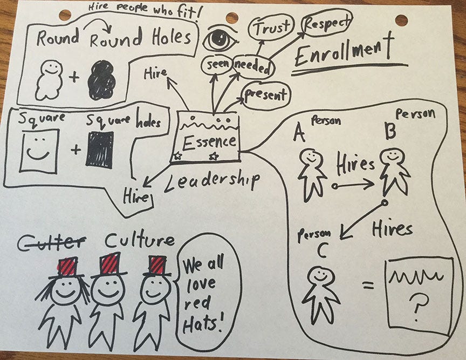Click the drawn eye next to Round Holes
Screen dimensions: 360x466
[221, 39]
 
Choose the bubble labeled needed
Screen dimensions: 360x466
[253, 67]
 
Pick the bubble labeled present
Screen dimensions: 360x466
[265, 96]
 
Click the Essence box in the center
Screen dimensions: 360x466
[209, 138]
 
